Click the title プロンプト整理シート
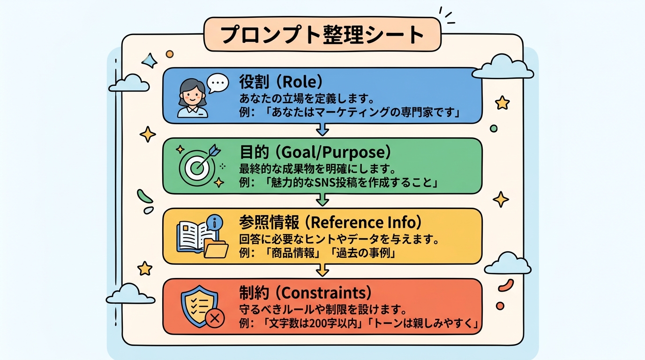322,35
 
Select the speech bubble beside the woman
217,83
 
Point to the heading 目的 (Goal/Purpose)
315,152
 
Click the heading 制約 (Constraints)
305,293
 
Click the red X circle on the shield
215,319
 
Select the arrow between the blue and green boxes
322,130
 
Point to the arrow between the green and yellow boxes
322,201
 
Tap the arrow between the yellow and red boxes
322,271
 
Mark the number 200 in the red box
315,324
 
